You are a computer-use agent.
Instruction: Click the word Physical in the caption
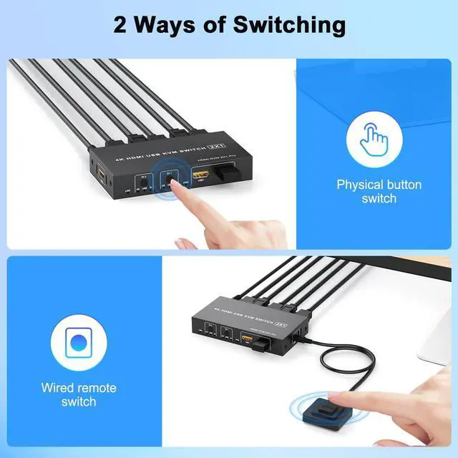pos(363,185)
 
